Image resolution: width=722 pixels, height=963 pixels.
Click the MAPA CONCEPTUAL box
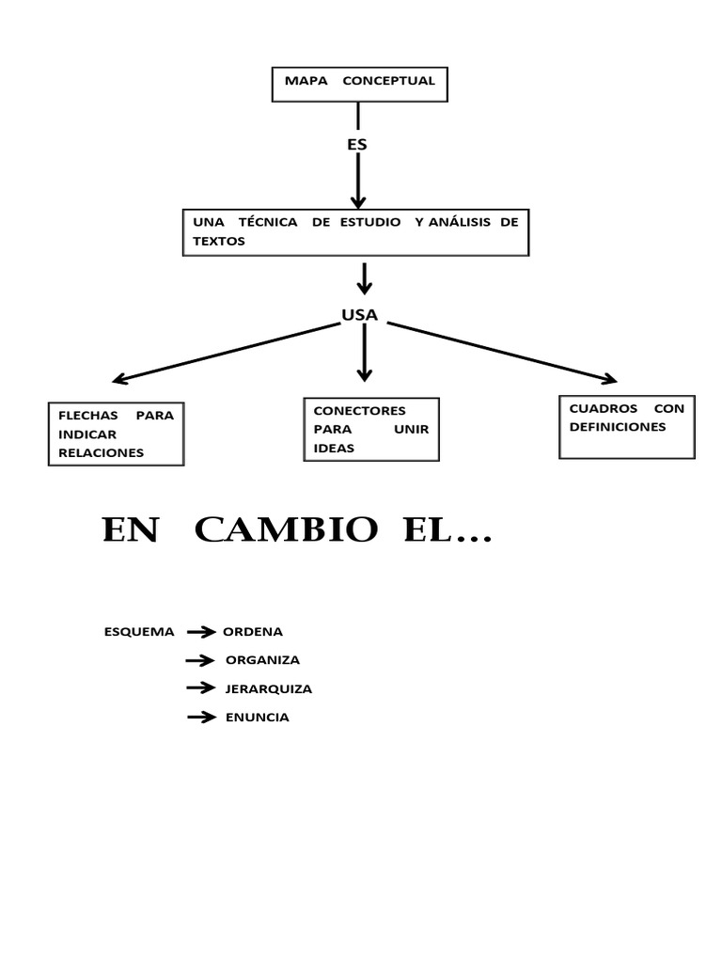(x=359, y=83)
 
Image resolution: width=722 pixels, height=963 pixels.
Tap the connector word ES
(x=357, y=145)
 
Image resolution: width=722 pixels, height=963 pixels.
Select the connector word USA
(x=360, y=315)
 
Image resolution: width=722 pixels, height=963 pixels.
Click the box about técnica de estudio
(x=355, y=231)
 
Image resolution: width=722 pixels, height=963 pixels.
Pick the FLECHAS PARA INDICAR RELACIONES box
(x=116, y=434)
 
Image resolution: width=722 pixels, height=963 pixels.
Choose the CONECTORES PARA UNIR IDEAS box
(x=371, y=429)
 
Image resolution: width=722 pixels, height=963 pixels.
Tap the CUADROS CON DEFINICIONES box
(x=626, y=426)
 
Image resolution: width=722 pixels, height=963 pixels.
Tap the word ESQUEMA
(x=139, y=632)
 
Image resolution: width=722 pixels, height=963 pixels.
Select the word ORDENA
(x=252, y=632)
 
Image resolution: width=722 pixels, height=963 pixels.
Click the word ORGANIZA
(x=262, y=660)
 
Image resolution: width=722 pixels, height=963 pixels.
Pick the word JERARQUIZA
(x=268, y=688)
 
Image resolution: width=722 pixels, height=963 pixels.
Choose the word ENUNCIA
(x=257, y=718)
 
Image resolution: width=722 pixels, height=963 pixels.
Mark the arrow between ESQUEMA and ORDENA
(x=201, y=632)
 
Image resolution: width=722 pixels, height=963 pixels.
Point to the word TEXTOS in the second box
(x=218, y=241)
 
